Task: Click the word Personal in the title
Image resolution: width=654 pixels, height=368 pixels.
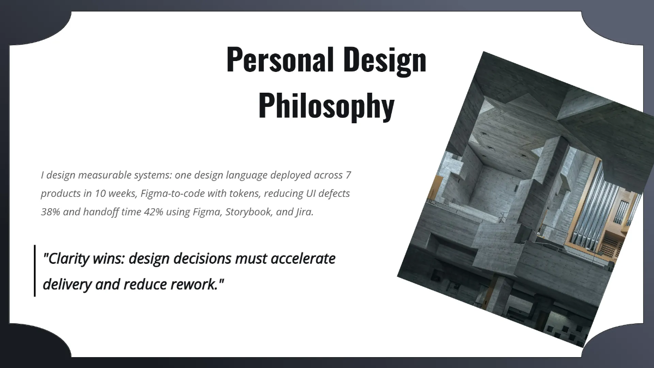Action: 280,60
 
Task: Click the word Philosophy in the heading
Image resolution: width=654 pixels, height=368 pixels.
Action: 326,106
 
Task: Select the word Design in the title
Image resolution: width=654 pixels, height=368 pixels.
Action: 385,60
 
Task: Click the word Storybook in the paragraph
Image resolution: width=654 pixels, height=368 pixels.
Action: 250,212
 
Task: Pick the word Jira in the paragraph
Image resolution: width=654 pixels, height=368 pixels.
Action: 304,212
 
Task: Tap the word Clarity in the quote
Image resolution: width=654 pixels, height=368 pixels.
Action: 69,258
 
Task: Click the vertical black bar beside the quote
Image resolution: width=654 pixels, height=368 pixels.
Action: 35,271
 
